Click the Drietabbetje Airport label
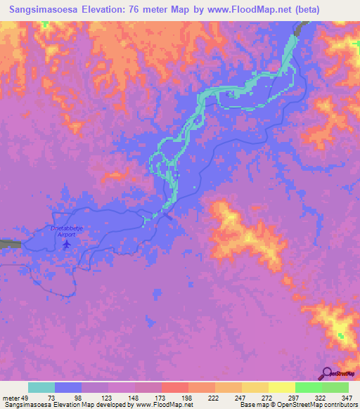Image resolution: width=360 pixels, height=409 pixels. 66,232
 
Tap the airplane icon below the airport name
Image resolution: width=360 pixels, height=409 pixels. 67,245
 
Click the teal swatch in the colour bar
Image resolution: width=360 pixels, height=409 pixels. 41,387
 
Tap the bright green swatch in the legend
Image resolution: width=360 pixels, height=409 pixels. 309,387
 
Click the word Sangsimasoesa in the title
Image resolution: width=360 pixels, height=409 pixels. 40,10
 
